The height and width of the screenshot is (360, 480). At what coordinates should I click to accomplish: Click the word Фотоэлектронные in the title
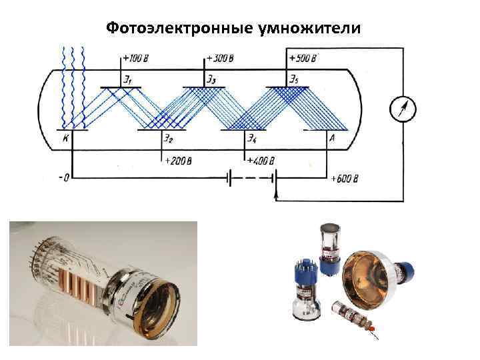176,29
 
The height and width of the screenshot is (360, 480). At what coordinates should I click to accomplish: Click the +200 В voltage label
177,161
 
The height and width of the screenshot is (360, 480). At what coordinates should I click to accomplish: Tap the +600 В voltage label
345,179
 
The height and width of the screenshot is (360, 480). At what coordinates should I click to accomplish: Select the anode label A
331,139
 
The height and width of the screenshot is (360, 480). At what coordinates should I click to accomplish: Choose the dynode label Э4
251,139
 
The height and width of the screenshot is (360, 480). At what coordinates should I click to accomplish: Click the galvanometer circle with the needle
403,108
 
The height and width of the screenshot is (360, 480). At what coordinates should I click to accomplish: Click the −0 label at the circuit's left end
64,177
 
